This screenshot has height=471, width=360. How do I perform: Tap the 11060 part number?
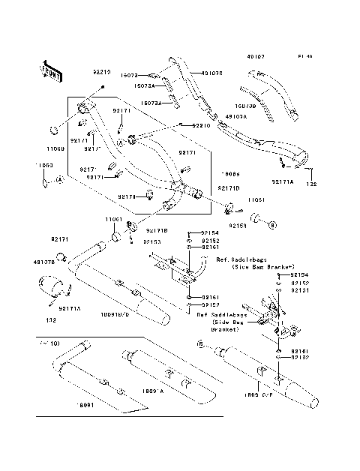pyautogui.click(x=43, y=164)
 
